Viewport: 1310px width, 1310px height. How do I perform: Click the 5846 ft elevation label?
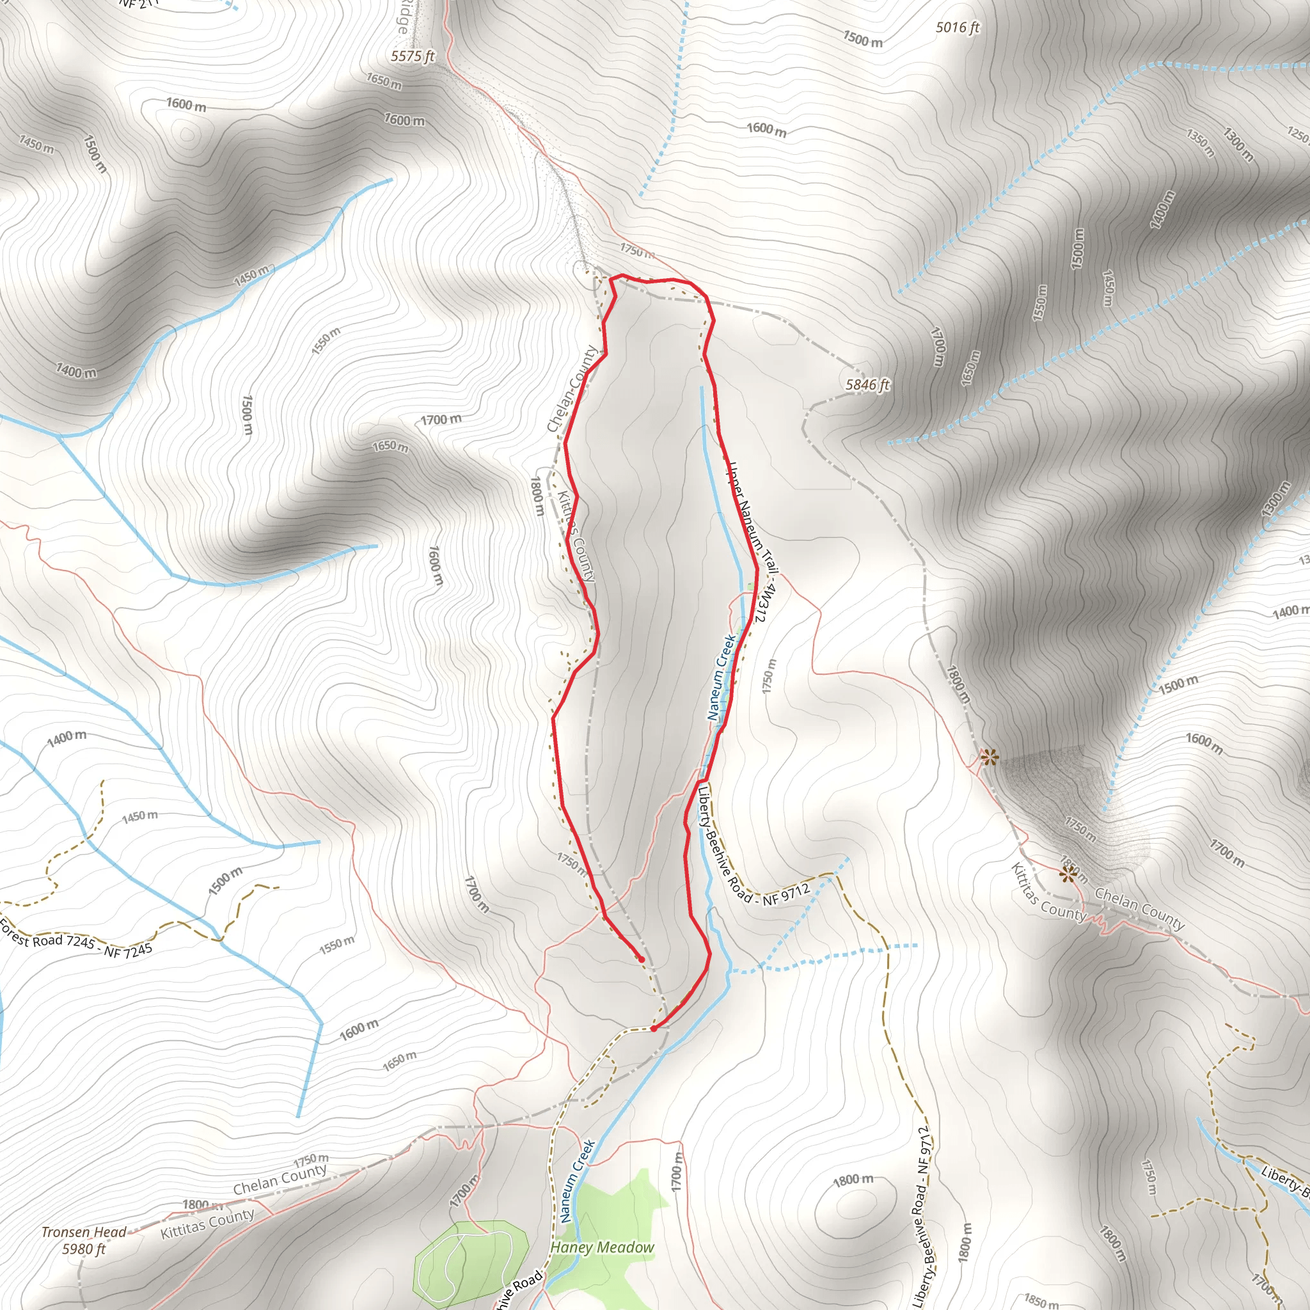(x=867, y=385)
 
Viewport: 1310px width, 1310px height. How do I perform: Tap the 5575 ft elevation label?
(x=413, y=56)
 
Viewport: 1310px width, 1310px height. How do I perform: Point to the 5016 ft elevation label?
(x=958, y=28)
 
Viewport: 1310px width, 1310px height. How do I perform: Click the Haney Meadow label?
(x=602, y=1247)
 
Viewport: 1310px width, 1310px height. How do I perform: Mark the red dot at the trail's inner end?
(x=642, y=959)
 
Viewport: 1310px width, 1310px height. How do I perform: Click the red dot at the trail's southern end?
(x=653, y=1029)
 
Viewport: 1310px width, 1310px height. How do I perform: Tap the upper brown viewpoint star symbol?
(x=990, y=757)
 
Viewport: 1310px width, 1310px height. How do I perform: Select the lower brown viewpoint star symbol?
(x=1069, y=874)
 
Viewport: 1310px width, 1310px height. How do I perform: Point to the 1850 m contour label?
(x=1041, y=1300)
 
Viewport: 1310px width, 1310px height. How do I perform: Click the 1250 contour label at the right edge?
(x=1298, y=134)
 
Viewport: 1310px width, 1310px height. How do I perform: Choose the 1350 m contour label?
(x=1200, y=143)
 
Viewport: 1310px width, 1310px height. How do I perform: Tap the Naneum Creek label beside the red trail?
(x=721, y=677)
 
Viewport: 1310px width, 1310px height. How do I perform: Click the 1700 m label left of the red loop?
(x=441, y=420)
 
